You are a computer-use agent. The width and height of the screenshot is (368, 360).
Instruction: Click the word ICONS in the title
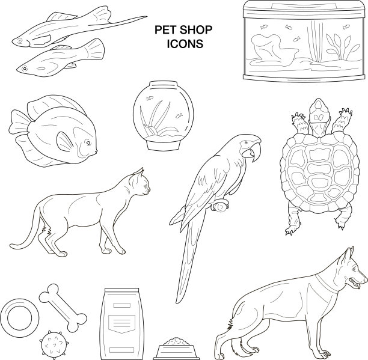point(185,44)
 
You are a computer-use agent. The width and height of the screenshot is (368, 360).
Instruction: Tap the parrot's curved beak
point(254,151)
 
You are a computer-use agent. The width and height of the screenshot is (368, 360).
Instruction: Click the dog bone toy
point(63,308)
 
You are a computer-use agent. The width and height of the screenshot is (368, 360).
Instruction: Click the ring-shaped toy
point(19,318)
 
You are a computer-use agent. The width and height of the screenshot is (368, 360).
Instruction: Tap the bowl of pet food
point(176,349)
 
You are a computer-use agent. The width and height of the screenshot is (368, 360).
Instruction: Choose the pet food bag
point(121,324)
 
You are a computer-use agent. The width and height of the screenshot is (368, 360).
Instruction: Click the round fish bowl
point(164,115)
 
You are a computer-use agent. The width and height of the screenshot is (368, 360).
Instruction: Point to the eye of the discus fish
point(88,142)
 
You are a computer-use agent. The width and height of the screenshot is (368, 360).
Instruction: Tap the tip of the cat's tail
point(12,246)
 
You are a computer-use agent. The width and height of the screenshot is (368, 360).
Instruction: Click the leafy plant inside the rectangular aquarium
point(343,46)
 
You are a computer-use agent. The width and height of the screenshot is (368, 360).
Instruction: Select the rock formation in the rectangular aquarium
point(275,50)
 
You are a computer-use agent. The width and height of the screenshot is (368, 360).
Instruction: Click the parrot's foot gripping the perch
point(220,206)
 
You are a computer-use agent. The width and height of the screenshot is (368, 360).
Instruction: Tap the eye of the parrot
point(246,142)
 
